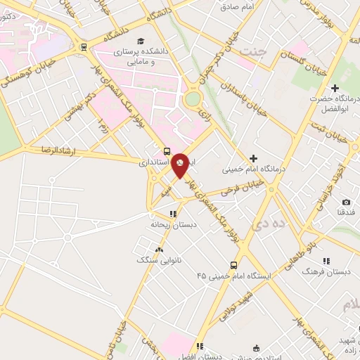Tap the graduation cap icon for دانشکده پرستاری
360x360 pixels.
pos(141,41)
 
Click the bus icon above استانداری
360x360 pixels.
pos(167,151)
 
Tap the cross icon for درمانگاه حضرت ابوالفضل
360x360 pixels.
pos(335,89)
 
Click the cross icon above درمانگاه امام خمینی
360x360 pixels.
pos(253,158)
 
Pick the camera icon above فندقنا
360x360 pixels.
pos(345,202)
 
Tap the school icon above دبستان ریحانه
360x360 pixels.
pos(172,214)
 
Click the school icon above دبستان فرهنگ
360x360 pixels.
pos(326,261)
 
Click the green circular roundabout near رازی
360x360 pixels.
pos(192,100)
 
